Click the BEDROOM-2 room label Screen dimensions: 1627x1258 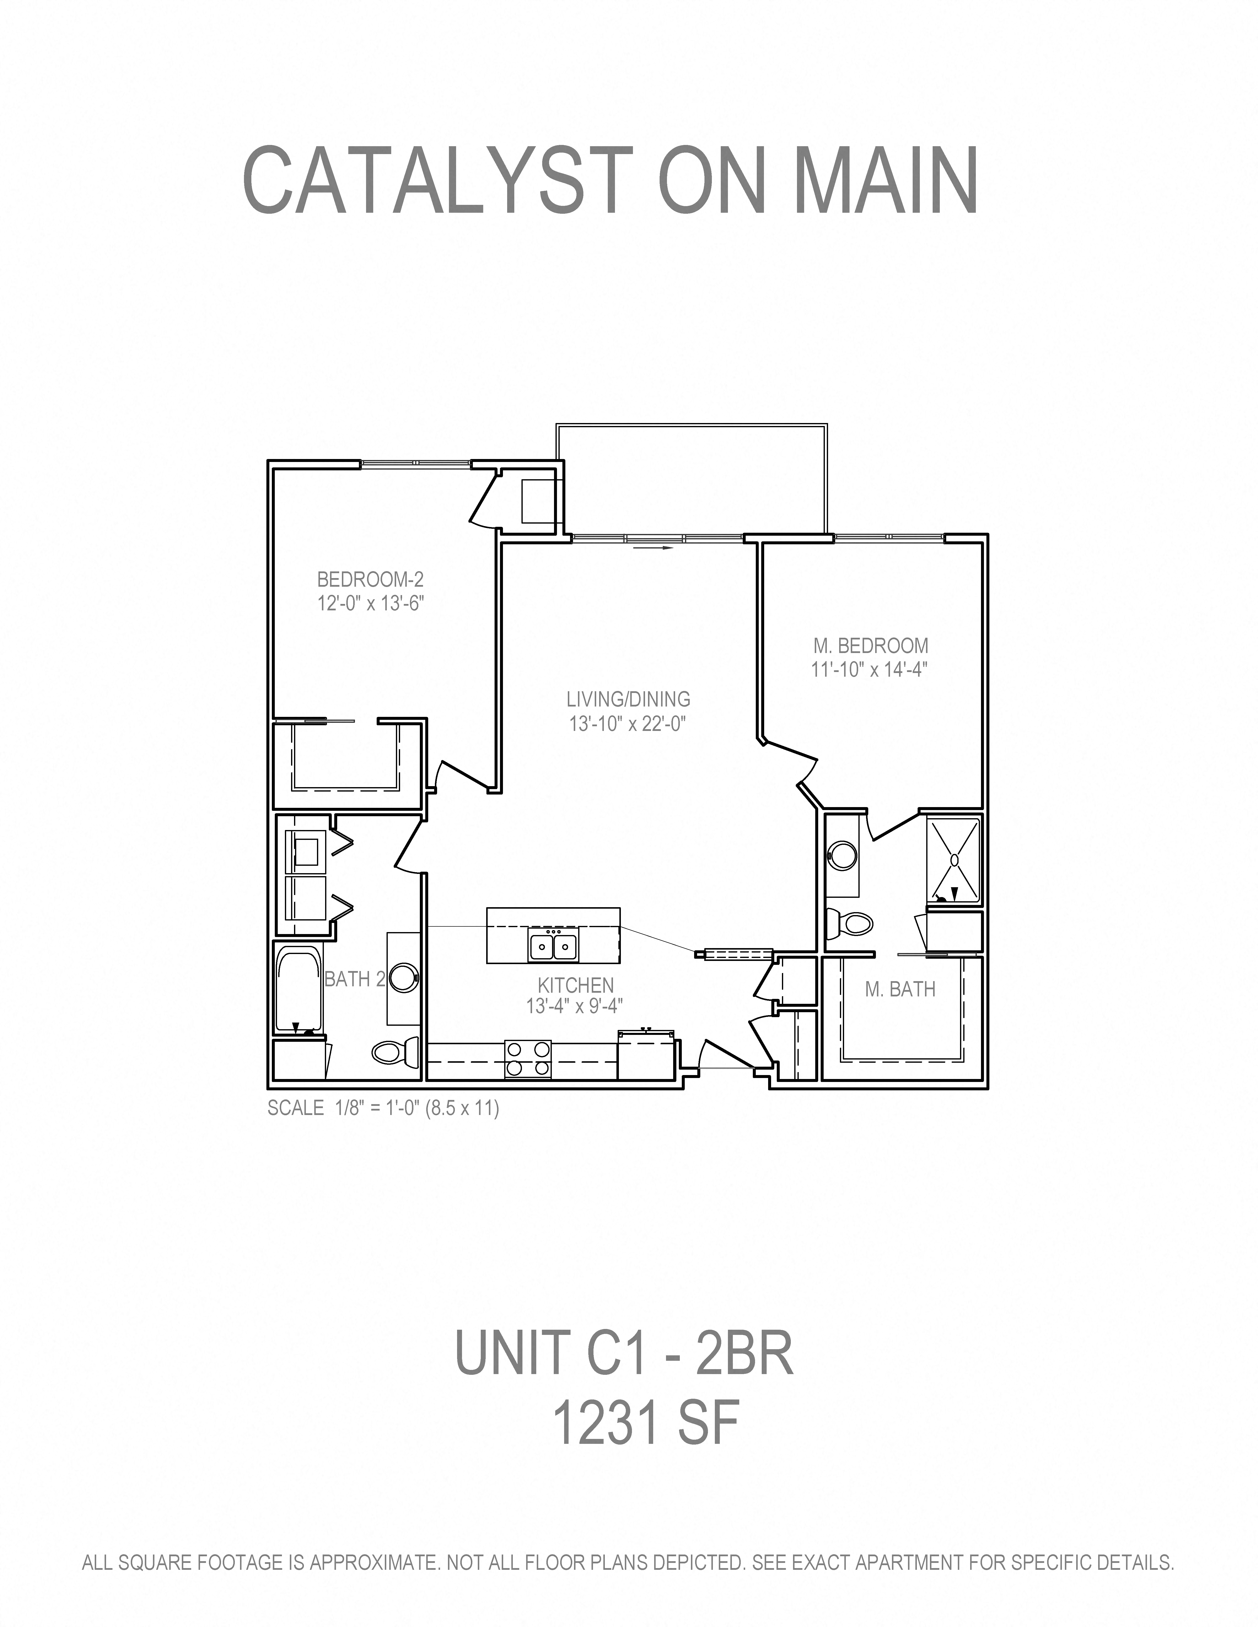coord(370,579)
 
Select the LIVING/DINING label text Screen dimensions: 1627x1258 coord(628,699)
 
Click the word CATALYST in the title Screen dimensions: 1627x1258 coord(440,181)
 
